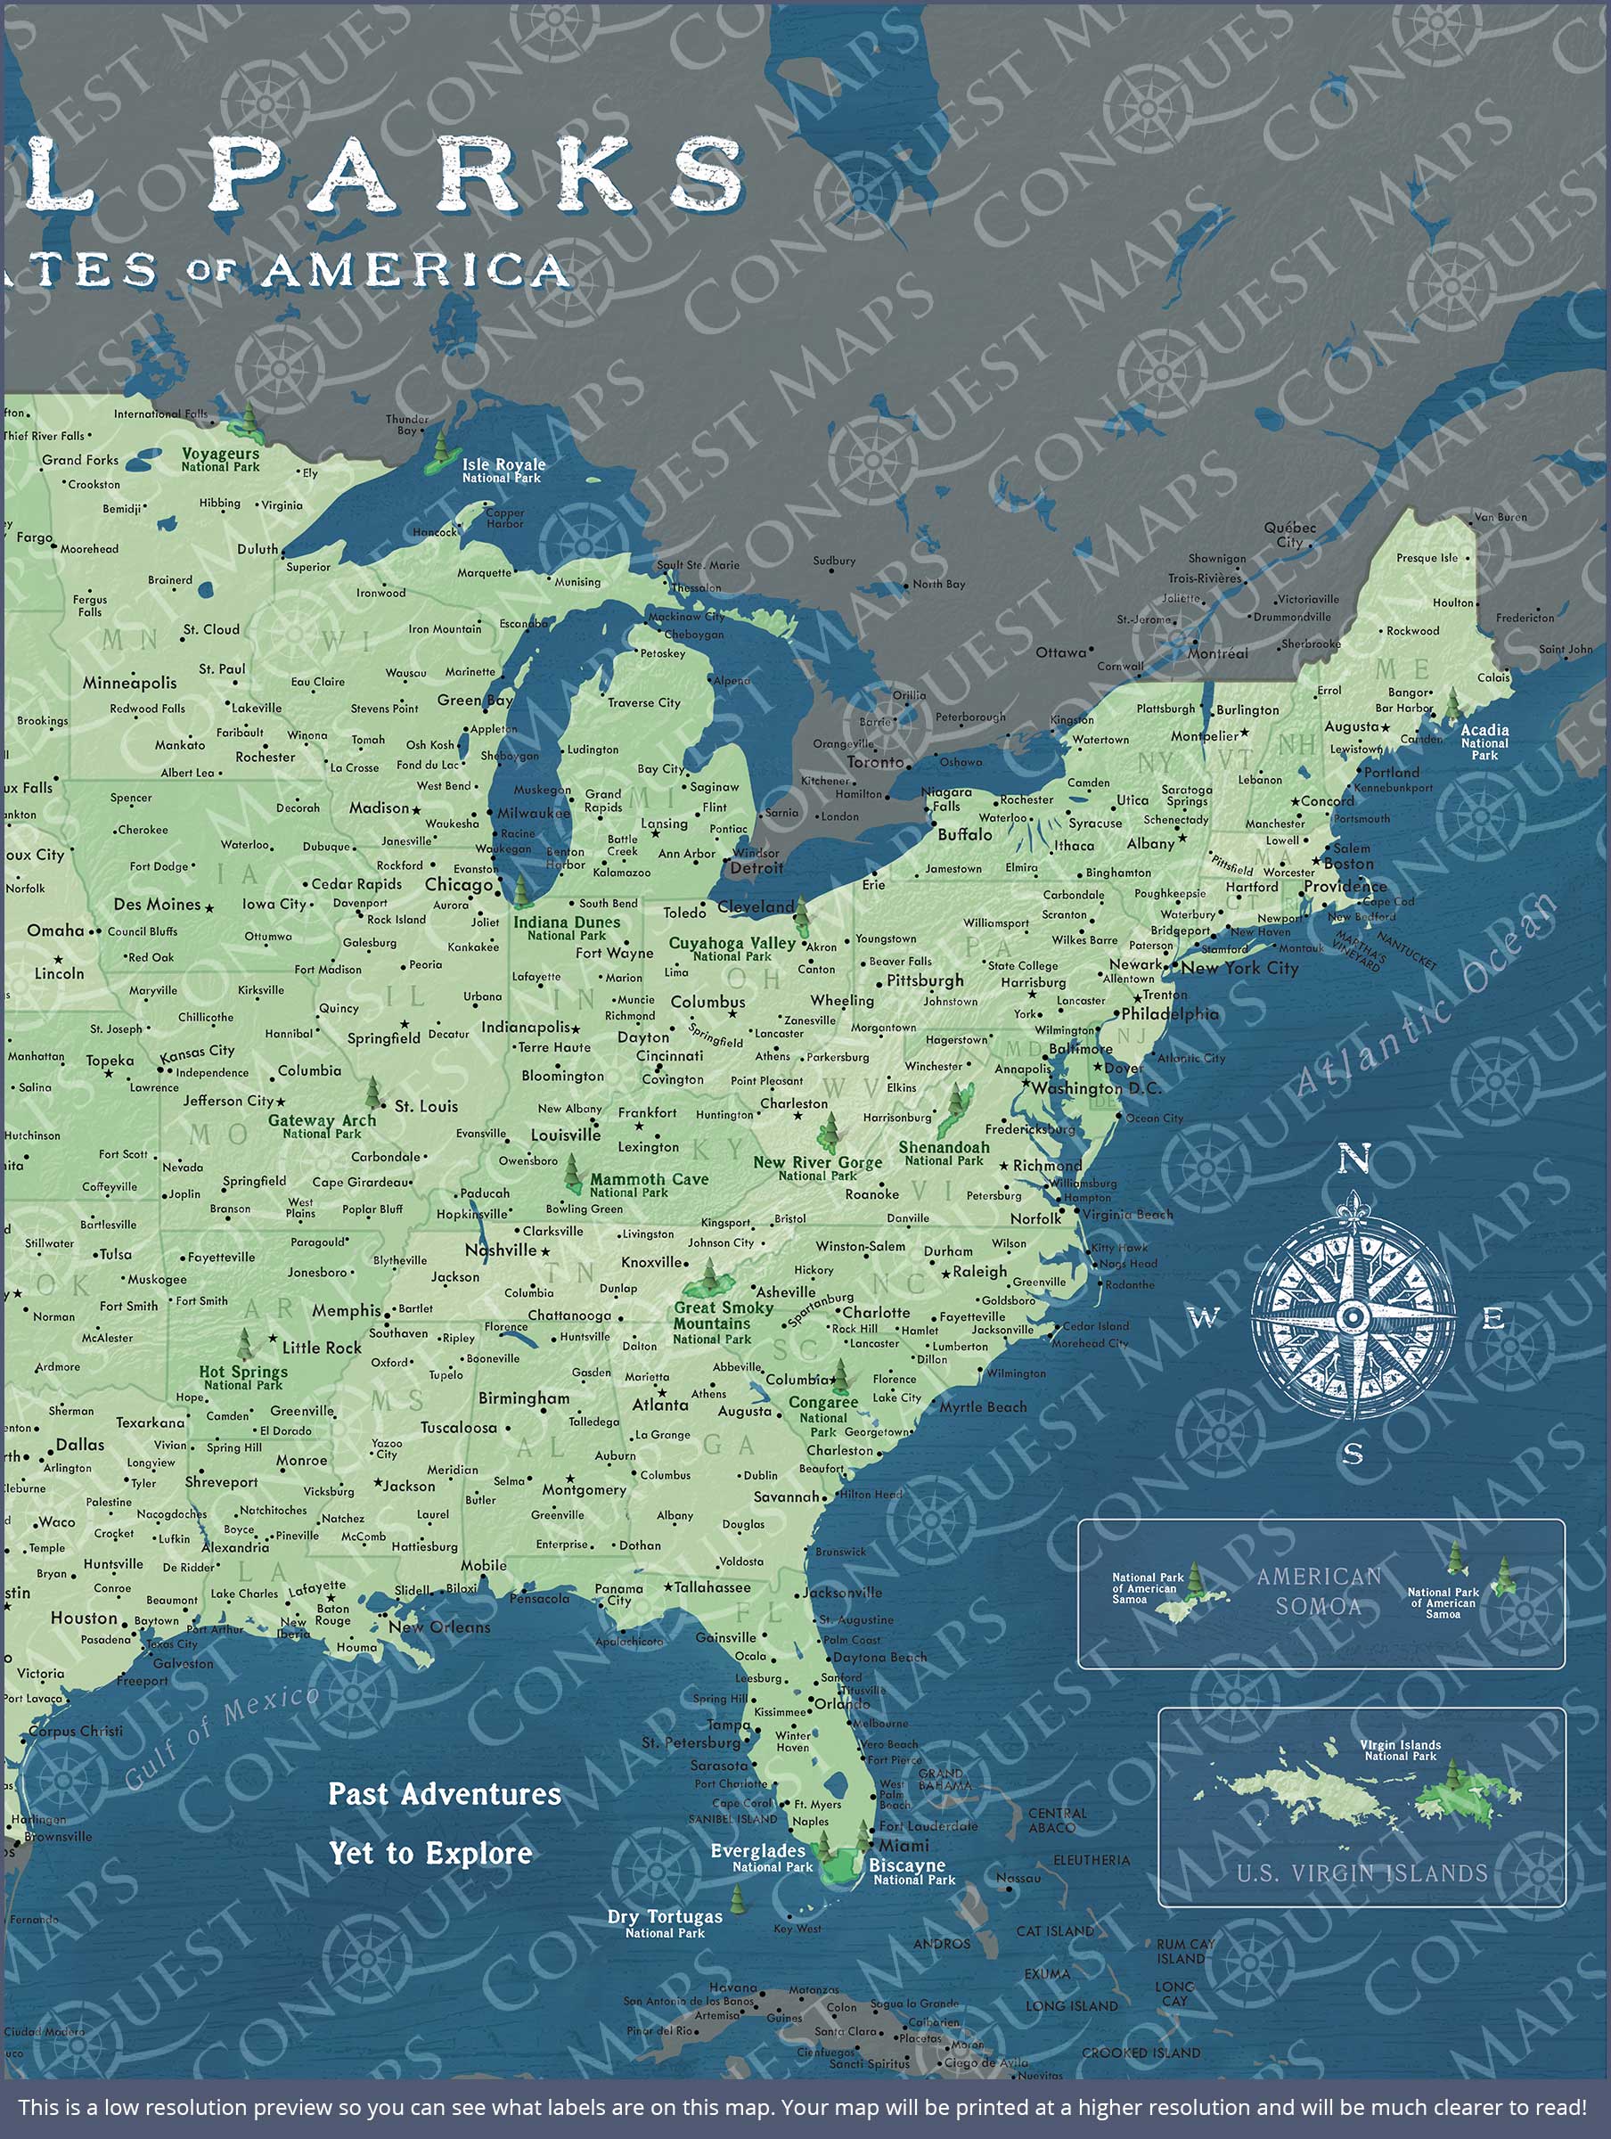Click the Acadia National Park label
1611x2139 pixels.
1484,742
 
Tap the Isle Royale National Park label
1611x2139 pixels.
502,470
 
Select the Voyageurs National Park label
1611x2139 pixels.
220,459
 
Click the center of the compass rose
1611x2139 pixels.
1353,1316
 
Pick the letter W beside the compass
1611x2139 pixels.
1204,1317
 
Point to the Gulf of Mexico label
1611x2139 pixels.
222,1736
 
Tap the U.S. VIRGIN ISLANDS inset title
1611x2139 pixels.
1362,1873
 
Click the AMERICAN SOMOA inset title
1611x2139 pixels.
1319,1591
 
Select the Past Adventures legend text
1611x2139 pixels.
444,1794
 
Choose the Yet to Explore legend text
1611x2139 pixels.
430,1853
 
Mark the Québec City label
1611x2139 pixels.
1290,535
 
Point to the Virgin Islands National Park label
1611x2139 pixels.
1400,1750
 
